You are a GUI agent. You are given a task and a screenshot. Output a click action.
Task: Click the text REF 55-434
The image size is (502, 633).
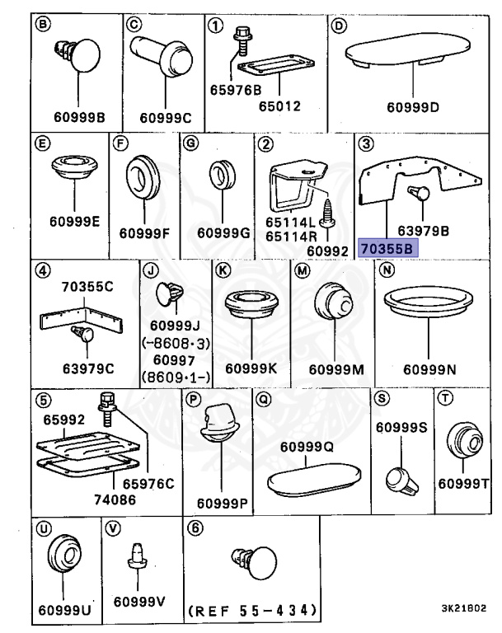(252, 611)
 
